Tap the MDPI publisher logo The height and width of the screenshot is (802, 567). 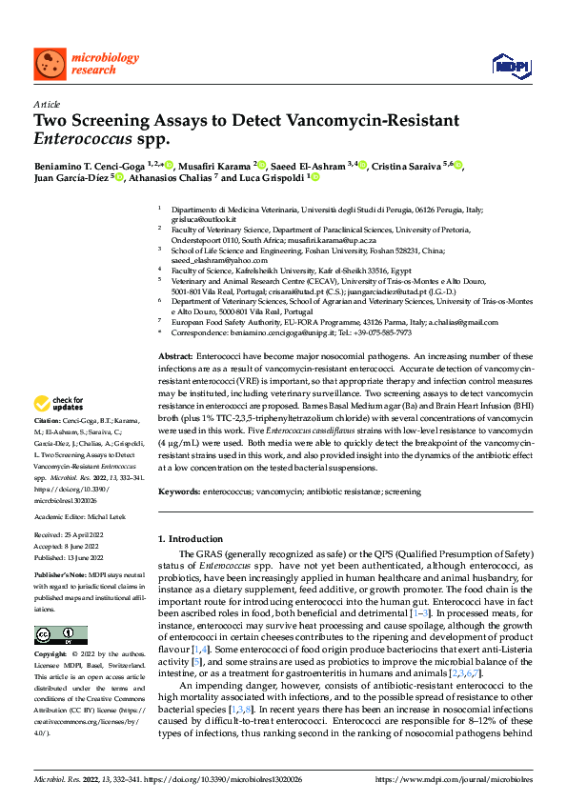click(509, 64)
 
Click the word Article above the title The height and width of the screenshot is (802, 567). click(46, 105)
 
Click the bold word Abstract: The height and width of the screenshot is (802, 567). click(175, 354)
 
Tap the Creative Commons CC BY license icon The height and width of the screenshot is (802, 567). click(60, 634)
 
